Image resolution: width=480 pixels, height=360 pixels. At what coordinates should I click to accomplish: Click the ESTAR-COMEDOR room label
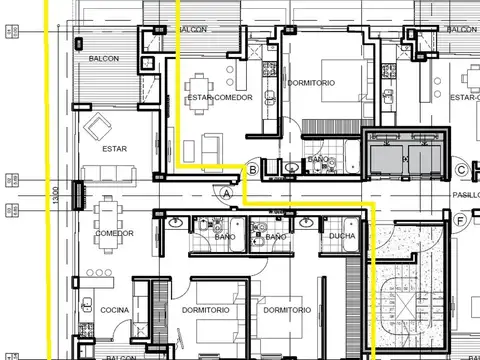click(x=219, y=97)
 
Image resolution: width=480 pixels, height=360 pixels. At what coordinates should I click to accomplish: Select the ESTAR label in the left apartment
click(x=115, y=149)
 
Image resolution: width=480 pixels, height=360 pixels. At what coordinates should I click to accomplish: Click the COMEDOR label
click(x=115, y=233)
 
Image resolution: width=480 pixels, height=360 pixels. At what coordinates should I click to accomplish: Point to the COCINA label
click(x=114, y=310)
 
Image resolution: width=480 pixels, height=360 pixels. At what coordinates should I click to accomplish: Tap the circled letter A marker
click(x=227, y=192)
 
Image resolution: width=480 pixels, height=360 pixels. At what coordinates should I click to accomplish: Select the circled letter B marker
click(x=253, y=171)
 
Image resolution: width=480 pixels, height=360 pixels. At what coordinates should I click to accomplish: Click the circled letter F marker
click(x=460, y=220)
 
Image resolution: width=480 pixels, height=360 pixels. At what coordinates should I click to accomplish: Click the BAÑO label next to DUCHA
click(x=275, y=236)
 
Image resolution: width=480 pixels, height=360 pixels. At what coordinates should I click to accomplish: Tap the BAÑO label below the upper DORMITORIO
click(x=318, y=160)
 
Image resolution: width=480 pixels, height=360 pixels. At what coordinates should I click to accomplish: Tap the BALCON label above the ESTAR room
click(x=102, y=58)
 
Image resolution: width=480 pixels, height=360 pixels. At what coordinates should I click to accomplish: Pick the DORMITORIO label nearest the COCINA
click(x=207, y=310)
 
